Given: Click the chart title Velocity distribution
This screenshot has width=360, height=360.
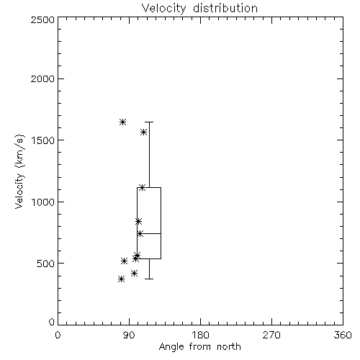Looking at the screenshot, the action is pyautogui.click(x=199, y=8).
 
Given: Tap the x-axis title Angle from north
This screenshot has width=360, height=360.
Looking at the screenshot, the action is pyautogui.click(x=199, y=347).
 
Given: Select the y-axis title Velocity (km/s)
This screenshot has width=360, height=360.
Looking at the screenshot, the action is pyautogui.click(x=19, y=171).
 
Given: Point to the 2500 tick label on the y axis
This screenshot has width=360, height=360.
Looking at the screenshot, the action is pyautogui.click(x=42, y=19).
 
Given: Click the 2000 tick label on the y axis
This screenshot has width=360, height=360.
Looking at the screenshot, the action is pyautogui.click(x=42, y=79).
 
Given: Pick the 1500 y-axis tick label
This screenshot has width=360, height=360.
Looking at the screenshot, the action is pyautogui.click(x=43, y=140).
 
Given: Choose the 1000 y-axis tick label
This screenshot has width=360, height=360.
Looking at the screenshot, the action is pyautogui.click(x=43, y=202).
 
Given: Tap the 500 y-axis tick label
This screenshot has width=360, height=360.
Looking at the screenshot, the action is pyautogui.click(x=46, y=264).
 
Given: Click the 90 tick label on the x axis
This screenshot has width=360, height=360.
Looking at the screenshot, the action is pyautogui.click(x=129, y=335).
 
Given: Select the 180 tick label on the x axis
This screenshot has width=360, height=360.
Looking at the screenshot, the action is pyautogui.click(x=200, y=335).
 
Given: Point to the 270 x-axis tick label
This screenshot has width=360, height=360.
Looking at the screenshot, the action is pyautogui.click(x=271, y=335).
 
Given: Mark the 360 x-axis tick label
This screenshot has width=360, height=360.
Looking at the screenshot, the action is pyautogui.click(x=343, y=335).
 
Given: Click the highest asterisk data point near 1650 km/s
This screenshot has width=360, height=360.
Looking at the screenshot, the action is pyautogui.click(x=122, y=122).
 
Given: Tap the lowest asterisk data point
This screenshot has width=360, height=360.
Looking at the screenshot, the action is pyautogui.click(x=121, y=279).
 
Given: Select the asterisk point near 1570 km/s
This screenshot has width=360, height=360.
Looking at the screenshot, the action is pyautogui.click(x=143, y=132).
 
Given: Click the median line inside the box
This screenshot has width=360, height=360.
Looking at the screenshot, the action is pyautogui.click(x=149, y=233).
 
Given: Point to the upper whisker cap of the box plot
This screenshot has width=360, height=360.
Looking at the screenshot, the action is pyautogui.click(x=149, y=122).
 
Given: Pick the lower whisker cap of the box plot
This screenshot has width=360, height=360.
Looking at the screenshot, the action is pyautogui.click(x=149, y=279).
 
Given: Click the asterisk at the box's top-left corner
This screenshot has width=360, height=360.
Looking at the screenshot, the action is pyautogui.click(x=142, y=187).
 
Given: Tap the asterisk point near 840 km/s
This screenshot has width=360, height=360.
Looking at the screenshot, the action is pyautogui.click(x=138, y=221).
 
